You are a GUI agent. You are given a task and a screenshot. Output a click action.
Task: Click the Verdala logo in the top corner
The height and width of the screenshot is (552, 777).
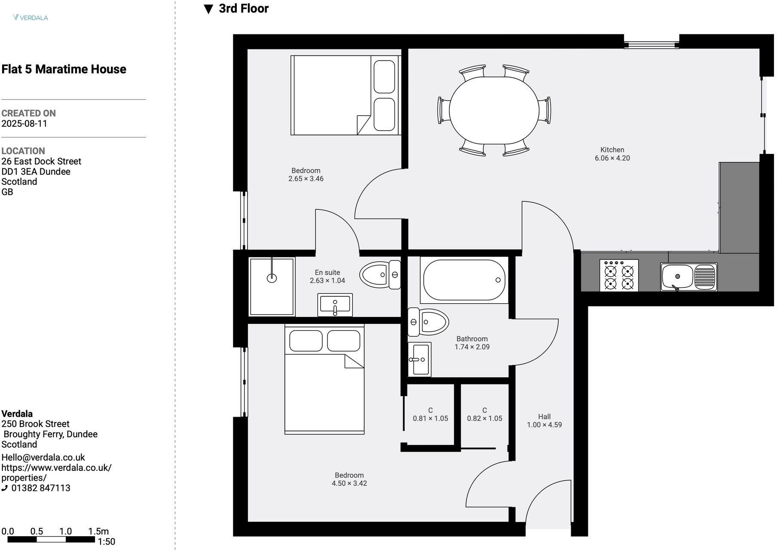[x=31, y=18]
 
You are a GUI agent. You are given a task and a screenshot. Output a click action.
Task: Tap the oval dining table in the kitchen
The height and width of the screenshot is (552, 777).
[x=494, y=110]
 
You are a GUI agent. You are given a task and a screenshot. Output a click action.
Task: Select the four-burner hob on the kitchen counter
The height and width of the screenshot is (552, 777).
[x=619, y=275]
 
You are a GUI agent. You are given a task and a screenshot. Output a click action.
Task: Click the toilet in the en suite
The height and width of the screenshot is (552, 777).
[x=380, y=274]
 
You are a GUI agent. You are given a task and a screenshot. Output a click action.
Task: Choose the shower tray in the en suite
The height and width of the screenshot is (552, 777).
[x=272, y=286]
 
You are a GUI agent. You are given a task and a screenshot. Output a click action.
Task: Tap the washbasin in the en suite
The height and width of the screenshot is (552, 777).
[x=335, y=305]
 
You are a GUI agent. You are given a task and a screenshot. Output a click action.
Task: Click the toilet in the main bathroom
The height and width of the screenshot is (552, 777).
[x=428, y=322]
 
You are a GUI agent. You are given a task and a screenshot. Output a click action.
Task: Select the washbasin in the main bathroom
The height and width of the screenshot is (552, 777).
[x=419, y=360]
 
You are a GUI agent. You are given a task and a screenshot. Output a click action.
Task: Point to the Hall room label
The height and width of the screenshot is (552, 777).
[x=545, y=417]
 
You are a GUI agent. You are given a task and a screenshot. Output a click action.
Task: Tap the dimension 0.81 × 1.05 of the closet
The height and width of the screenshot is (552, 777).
[x=431, y=418]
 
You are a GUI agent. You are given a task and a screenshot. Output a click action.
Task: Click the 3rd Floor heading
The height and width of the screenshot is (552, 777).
[x=236, y=9]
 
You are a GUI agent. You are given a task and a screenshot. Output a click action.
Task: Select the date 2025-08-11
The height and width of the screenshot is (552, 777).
[x=24, y=124]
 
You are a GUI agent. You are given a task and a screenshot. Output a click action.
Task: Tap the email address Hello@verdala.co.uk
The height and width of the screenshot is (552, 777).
[x=43, y=457]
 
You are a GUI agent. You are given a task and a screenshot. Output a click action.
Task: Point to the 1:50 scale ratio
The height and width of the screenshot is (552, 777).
[x=107, y=542]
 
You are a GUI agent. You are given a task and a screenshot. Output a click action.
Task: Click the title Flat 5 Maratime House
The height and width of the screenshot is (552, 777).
[x=64, y=69]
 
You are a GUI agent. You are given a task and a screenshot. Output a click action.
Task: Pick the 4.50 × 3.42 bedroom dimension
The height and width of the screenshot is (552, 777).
[x=349, y=483]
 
